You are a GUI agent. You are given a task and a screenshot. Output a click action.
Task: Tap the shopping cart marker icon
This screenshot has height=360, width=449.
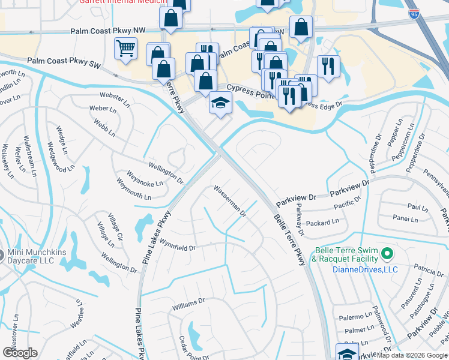click(125, 49)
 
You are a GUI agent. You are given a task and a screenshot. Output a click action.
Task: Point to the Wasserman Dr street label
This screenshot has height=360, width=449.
click(230, 201)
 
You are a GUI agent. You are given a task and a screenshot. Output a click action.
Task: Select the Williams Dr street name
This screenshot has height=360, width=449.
click(188, 304)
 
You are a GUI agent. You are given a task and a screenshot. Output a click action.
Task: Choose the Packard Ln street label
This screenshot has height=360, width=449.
click(322, 223)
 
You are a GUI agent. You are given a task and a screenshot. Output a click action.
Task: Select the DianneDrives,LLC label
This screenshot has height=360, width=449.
click(365, 270)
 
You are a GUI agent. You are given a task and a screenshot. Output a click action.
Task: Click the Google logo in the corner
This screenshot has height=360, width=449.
click(19, 353)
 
